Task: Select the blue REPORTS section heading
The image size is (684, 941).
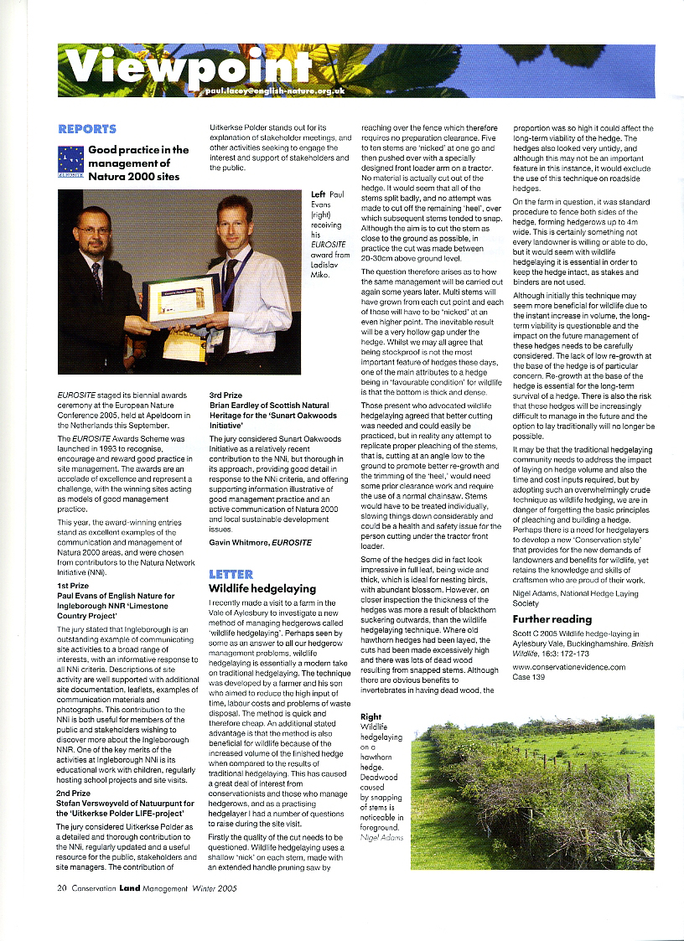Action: [x=87, y=129]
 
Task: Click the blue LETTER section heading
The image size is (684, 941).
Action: [x=231, y=574]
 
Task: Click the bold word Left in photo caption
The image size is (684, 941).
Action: [x=318, y=194]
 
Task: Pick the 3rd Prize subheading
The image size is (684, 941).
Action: [x=225, y=394]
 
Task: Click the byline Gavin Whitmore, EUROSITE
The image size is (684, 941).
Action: [x=260, y=543]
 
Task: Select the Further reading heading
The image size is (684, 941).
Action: [x=552, y=618]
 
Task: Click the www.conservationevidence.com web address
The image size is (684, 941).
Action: [x=568, y=667]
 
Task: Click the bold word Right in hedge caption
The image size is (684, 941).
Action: [x=370, y=716]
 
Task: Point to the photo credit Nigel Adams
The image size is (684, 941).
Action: [x=381, y=837]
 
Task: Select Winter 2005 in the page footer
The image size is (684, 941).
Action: [x=213, y=888]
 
